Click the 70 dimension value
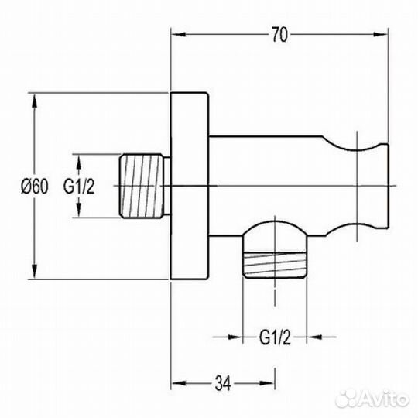click(x=279, y=35)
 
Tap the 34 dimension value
click(x=223, y=384)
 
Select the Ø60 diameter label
click(x=35, y=186)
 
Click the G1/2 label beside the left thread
click(x=79, y=186)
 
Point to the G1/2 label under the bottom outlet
click(x=275, y=337)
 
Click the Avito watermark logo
click(x=372, y=399)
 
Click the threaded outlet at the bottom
click(x=275, y=265)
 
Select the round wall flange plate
click(x=190, y=186)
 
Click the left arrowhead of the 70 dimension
click(x=178, y=35)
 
